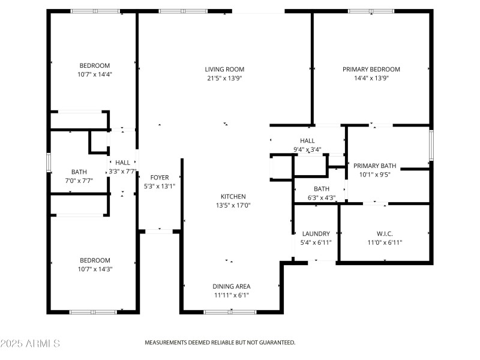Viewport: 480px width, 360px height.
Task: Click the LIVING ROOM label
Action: (224, 70)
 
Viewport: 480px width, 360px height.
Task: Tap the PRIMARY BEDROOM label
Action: (371, 70)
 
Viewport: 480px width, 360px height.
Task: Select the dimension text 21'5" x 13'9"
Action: (224, 78)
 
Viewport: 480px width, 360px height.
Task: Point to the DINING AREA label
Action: (231, 286)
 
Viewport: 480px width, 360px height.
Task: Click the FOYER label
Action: (160, 178)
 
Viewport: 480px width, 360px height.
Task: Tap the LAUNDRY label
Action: (316, 234)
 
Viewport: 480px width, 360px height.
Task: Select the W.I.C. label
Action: (384, 234)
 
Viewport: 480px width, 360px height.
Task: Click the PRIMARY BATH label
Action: (374, 166)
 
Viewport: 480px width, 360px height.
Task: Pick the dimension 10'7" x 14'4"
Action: (95, 74)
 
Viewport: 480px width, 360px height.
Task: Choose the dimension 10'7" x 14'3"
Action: (95, 269)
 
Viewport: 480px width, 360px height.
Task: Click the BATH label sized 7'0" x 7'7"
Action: (79, 172)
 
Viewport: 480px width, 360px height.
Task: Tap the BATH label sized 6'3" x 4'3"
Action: (321, 189)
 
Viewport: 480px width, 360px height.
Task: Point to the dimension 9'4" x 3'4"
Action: (307, 149)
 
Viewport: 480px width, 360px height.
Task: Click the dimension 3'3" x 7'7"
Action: (122, 171)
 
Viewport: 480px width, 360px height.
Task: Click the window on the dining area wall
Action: (230, 312)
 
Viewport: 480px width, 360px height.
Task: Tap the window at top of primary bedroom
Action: (371, 11)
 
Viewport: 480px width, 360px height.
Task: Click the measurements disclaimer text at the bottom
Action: (220, 343)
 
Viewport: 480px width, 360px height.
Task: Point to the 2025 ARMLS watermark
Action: (30, 344)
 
